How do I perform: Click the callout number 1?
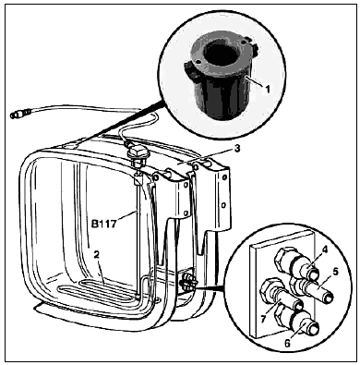point(268,89)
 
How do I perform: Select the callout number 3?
point(237,149)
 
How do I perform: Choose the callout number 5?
point(336,272)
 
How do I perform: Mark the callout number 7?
point(263,319)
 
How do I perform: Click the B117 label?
point(104,224)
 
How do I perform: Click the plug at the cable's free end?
point(18,115)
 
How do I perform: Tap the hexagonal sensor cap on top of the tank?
point(138,152)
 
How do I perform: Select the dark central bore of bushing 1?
point(222,53)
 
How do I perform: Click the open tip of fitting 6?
point(313,329)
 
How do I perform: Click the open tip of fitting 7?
point(297,307)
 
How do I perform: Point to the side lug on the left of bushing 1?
point(190,68)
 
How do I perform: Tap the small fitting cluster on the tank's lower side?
point(187,280)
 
